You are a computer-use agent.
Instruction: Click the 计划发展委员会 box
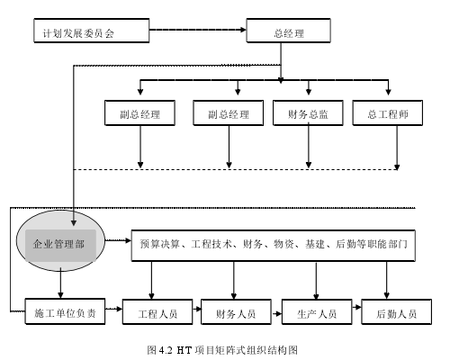tap(92, 31)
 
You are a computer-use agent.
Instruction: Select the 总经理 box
tap(288, 31)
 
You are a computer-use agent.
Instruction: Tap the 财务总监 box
tap(308, 112)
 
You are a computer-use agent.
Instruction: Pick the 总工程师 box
tap(388, 112)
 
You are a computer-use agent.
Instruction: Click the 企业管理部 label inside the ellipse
tap(58, 244)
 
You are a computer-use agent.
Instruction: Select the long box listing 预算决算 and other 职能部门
tap(274, 246)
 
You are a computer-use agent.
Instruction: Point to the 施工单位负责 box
tap(65, 311)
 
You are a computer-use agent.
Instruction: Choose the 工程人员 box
tap(157, 311)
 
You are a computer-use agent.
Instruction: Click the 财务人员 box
tap(236, 311)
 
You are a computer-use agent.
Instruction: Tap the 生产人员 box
tap(317, 311)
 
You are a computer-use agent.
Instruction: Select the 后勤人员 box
tap(396, 311)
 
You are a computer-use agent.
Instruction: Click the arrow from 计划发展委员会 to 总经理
tap(198, 30)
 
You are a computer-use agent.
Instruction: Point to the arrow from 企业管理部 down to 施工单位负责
tap(60, 283)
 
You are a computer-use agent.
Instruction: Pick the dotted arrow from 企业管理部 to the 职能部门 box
tap(118, 240)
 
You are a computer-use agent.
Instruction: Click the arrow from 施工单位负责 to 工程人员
tap(113, 309)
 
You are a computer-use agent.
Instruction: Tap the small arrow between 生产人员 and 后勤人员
tap(356, 307)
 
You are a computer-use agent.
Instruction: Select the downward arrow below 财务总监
tap(309, 147)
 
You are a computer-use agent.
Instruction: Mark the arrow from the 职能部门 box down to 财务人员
tap(234, 280)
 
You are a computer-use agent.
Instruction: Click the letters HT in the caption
tap(184, 350)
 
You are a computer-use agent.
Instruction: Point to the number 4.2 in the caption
tap(166, 350)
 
